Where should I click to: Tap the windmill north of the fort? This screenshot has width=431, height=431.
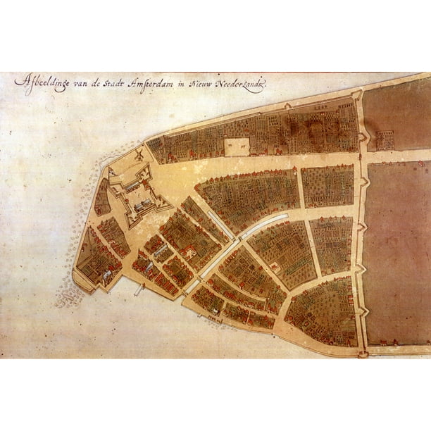click(x=139, y=154)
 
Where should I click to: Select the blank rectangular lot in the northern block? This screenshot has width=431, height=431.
click(x=237, y=146)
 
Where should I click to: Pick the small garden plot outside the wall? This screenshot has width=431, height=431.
click(x=385, y=140)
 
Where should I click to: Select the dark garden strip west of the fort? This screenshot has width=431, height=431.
click(x=103, y=197)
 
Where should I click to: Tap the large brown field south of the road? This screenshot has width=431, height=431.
click(x=398, y=254)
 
